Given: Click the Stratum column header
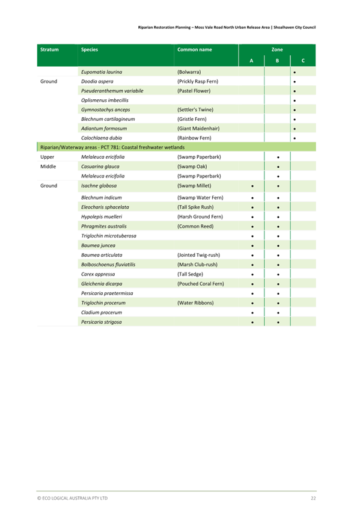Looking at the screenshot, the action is click(49, 49).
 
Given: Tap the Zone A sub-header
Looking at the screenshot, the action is click(251, 61).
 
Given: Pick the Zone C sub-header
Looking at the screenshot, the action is click(303, 61).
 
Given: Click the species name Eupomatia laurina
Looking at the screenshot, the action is click(102, 72).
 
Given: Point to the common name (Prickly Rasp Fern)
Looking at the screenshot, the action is click(198, 81).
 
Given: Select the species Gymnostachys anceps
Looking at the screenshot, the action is click(105, 109).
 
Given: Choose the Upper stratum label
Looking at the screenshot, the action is click(47, 157).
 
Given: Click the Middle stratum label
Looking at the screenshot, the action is click(48, 167).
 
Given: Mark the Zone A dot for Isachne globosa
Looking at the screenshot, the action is click(252, 186).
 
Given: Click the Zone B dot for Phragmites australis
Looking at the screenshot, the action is click(278, 226).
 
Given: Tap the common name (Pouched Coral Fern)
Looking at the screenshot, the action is click(201, 283).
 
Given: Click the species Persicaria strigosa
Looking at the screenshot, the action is click(101, 322).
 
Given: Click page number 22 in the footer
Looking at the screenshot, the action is click(313, 498).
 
